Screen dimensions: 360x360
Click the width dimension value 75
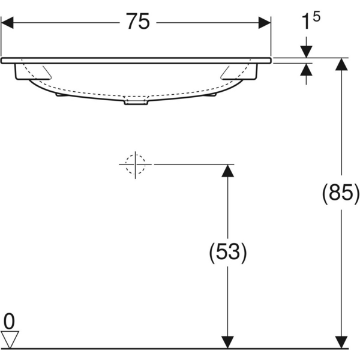(137, 22)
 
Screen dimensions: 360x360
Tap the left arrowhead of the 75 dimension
(8, 23)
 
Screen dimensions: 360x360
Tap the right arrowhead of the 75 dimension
(265, 23)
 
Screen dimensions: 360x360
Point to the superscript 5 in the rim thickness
(316, 17)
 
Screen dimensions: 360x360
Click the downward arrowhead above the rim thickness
(307, 51)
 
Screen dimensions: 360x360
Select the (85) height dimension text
(341, 193)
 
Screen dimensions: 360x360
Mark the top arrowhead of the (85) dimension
(341, 65)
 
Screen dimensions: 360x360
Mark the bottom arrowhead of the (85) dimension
(341, 341)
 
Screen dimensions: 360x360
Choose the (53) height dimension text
(227, 252)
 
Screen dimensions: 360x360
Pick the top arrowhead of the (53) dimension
(227, 170)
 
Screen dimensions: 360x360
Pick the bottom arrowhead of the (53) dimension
(227, 341)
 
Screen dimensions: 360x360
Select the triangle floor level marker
(11, 339)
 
